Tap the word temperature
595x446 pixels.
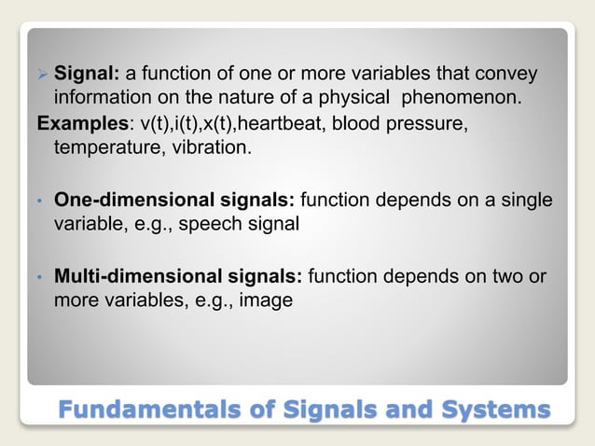[102, 147]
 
